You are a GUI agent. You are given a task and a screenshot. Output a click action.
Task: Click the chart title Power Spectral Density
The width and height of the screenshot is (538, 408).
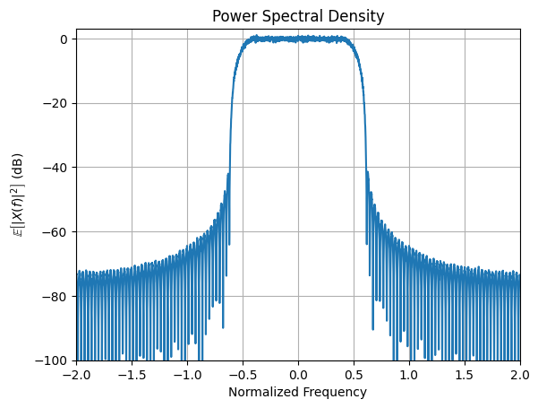(298, 16)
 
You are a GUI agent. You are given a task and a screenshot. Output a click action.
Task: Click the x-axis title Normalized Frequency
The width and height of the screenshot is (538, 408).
(298, 392)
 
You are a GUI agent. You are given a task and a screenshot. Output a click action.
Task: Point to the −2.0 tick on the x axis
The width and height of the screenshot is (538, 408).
(76, 374)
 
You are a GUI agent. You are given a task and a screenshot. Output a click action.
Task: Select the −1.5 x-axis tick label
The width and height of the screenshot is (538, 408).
(132, 374)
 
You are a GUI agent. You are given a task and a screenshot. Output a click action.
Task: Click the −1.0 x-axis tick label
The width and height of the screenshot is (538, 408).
(187, 374)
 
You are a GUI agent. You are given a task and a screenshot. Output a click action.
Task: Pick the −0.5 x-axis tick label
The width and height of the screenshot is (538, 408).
(243, 374)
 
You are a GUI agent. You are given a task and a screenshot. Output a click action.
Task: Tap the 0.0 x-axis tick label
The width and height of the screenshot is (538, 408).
(298, 374)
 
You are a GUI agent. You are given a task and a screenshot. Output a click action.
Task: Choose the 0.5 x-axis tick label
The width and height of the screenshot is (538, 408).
(354, 374)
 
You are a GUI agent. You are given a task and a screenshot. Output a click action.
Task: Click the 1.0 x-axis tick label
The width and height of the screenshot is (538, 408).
(409, 374)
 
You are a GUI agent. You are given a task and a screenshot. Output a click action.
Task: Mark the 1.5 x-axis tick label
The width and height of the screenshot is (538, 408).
(465, 374)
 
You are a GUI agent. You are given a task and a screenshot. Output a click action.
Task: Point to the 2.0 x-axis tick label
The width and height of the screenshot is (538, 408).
(520, 374)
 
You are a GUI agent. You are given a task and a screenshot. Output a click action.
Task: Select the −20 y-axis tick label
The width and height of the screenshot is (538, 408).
(56, 103)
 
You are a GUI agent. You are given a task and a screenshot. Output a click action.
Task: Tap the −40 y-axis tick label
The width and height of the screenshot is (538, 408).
(56, 168)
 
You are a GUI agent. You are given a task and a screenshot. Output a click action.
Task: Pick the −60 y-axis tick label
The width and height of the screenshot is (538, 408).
(56, 231)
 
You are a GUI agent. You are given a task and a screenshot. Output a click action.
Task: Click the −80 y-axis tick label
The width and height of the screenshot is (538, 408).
(56, 296)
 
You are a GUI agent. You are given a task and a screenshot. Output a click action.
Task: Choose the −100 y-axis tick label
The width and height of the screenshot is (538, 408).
(54, 360)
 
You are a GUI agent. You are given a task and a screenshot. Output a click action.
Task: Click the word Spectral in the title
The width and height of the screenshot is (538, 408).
(298, 16)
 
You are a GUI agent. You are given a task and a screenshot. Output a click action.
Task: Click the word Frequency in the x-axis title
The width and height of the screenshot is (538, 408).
(334, 392)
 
